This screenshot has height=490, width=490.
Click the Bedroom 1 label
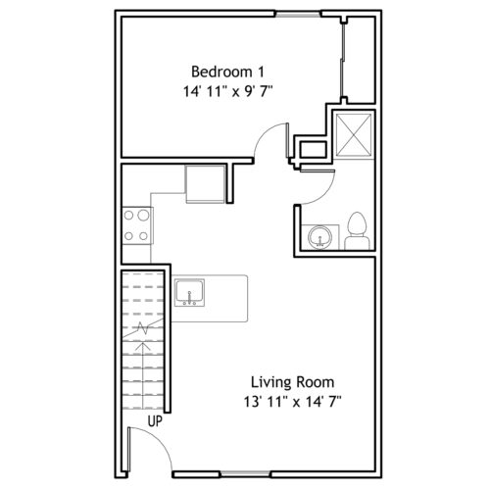tap(227, 72)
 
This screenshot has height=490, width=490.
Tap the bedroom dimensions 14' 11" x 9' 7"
tap(227, 92)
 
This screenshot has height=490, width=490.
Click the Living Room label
tap(292, 382)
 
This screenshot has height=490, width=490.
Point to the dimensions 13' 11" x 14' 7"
tap(292, 402)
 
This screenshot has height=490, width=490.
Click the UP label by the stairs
tap(155, 421)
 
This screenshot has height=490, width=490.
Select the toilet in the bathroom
tap(358, 231)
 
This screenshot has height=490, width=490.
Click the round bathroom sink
tap(319, 237)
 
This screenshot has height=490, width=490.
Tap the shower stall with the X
tap(354, 135)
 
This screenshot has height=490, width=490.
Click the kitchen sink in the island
tap(189, 293)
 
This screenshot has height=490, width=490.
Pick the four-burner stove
tap(137, 225)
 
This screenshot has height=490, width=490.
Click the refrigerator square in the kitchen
tap(206, 184)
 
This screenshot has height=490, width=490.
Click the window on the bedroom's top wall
tap(298, 14)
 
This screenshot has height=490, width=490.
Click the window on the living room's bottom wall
tap(245, 473)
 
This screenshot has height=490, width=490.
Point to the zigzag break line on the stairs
tap(143, 328)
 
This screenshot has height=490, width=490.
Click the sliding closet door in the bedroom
tap(343, 61)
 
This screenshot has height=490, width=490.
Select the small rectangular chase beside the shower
tap(314, 149)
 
